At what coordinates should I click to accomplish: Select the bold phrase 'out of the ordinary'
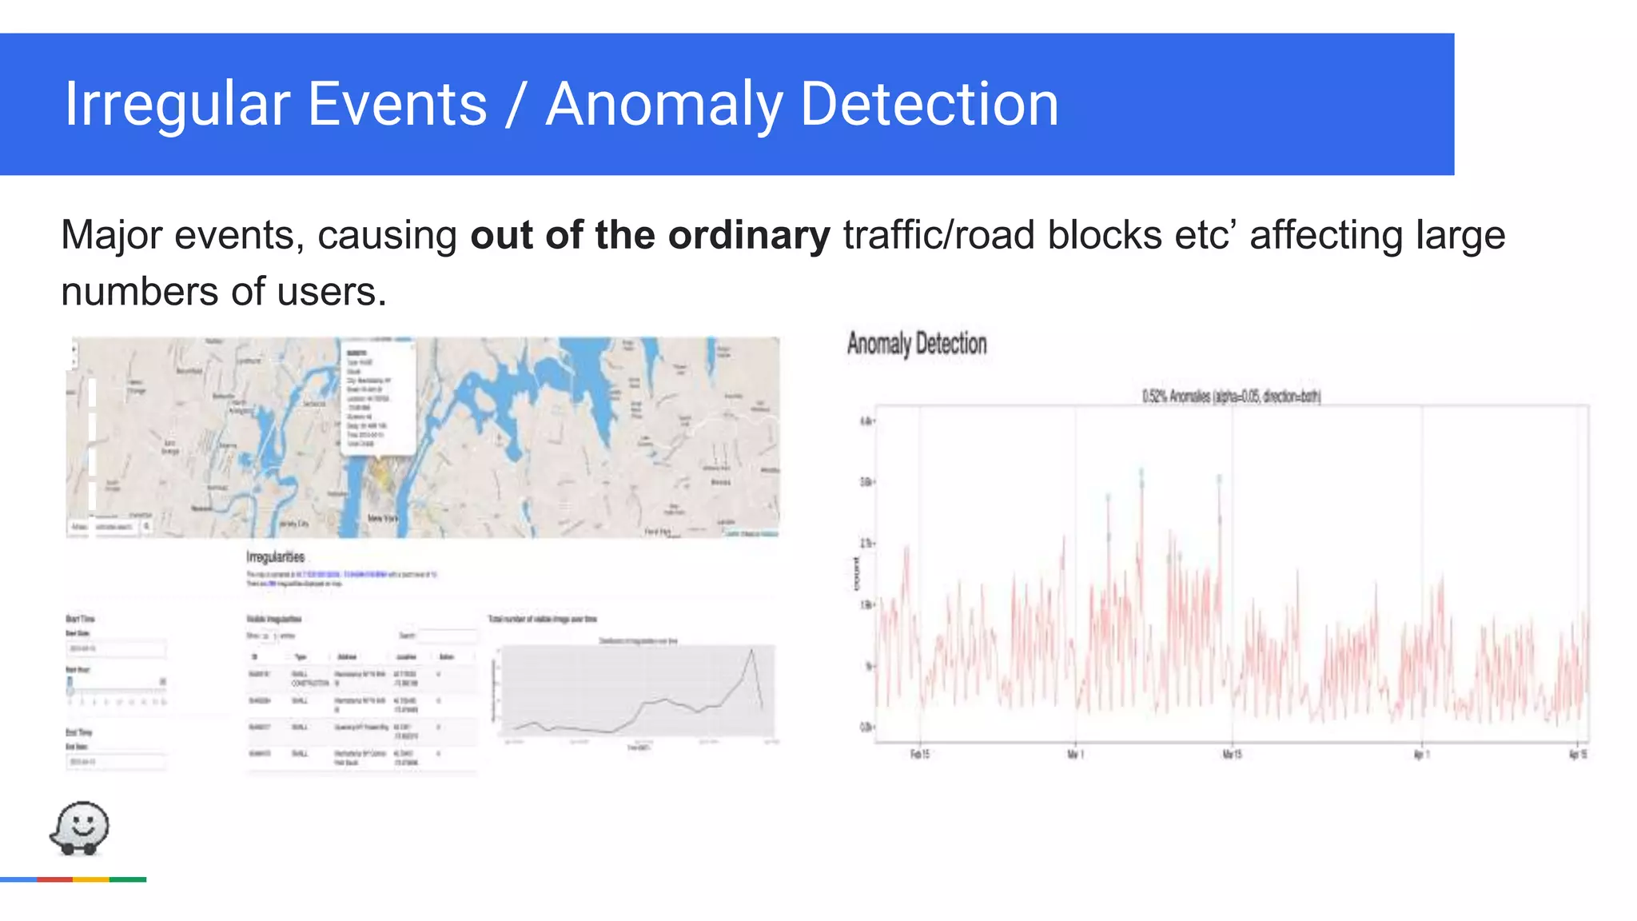(650, 235)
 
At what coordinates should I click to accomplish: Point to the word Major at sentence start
(111, 235)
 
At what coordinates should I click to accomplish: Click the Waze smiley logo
(80, 828)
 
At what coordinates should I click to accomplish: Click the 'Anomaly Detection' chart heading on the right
(917, 344)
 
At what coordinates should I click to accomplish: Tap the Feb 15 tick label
(920, 754)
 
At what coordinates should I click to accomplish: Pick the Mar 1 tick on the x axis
(1075, 754)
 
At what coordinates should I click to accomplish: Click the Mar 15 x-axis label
(1232, 754)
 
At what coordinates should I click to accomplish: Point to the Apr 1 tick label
(1420, 754)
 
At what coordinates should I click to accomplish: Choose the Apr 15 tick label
(1578, 754)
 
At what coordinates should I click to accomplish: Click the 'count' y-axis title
(856, 574)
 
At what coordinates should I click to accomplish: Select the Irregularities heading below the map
(275, 556)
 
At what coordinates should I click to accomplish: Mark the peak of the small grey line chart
(752, 651)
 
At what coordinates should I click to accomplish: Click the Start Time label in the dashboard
(80, 619)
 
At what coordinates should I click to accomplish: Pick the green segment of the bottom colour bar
(128, 879)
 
